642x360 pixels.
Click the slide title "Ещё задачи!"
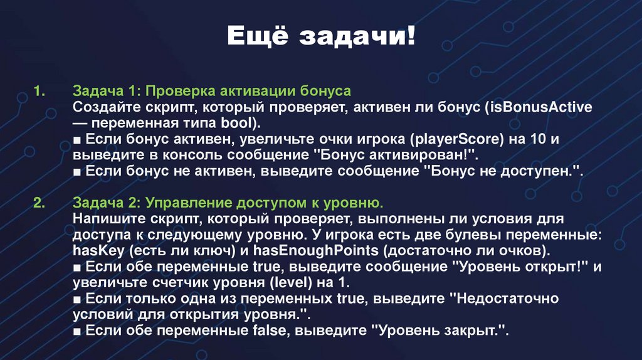click(x=320, y=36)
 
